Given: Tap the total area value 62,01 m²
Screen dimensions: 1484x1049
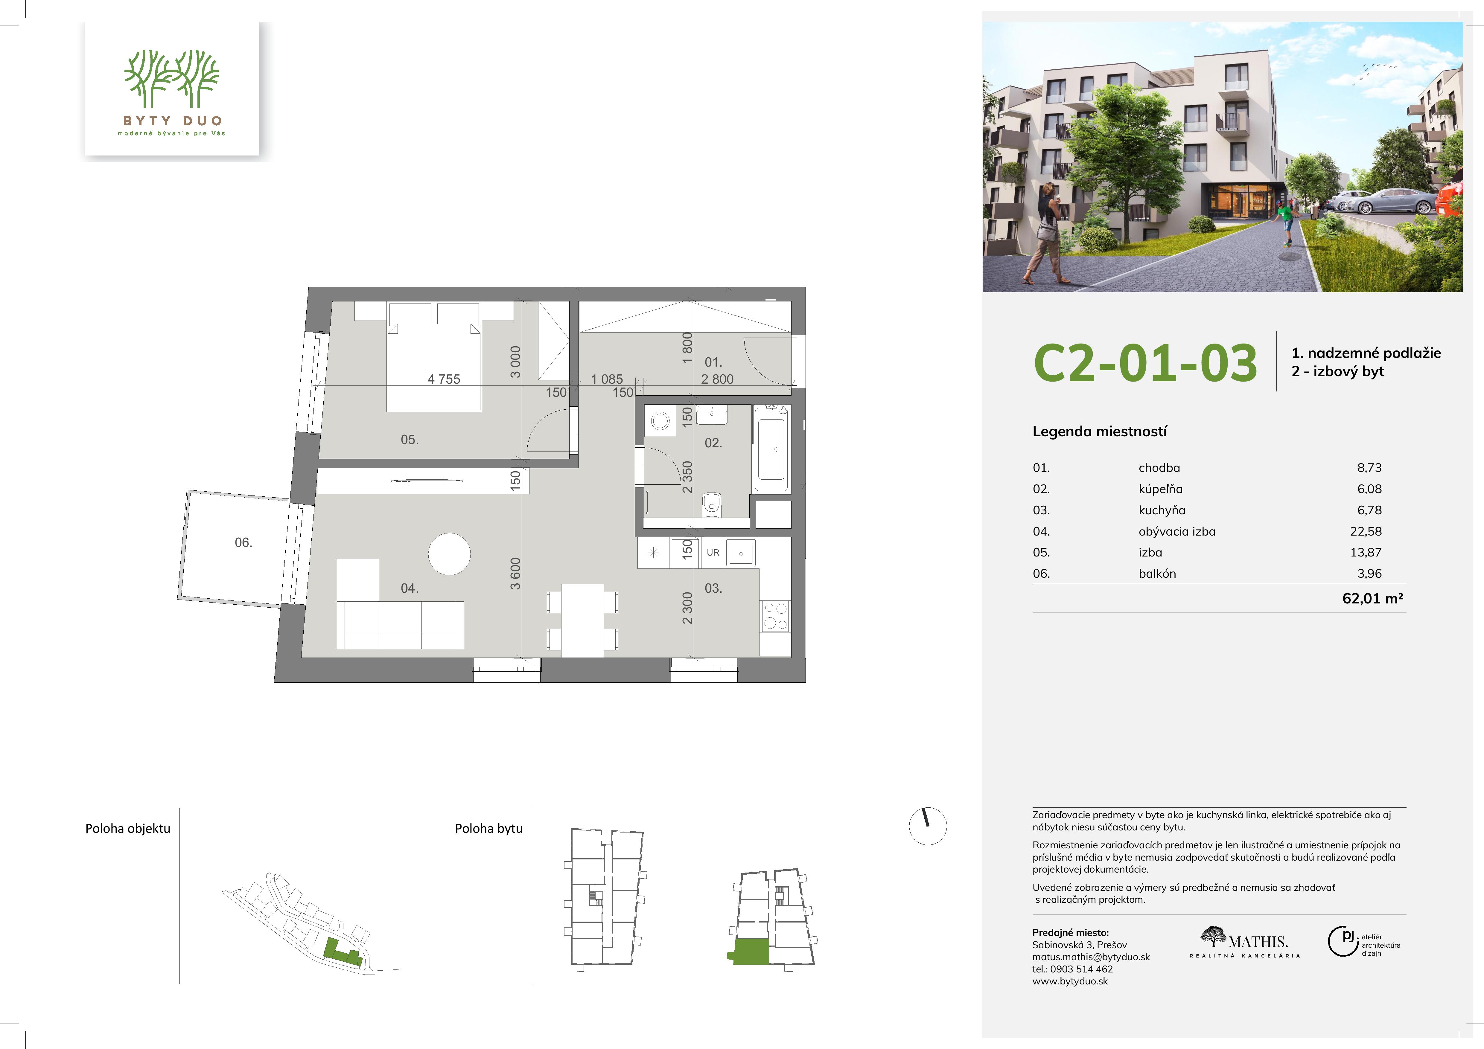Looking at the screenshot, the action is click(1373, 598).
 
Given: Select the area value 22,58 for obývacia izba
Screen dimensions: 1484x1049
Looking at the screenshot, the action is click(1369, 532).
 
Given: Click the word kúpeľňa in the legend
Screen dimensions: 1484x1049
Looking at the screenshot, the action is click(1161, 489).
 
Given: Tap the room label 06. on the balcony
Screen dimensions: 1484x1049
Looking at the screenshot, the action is click(244, 542).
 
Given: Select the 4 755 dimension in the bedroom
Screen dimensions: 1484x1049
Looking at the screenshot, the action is click(444, 379).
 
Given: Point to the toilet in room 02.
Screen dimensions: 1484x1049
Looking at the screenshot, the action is click(712, 503).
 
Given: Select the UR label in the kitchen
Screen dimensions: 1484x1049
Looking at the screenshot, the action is click(713, 553).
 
